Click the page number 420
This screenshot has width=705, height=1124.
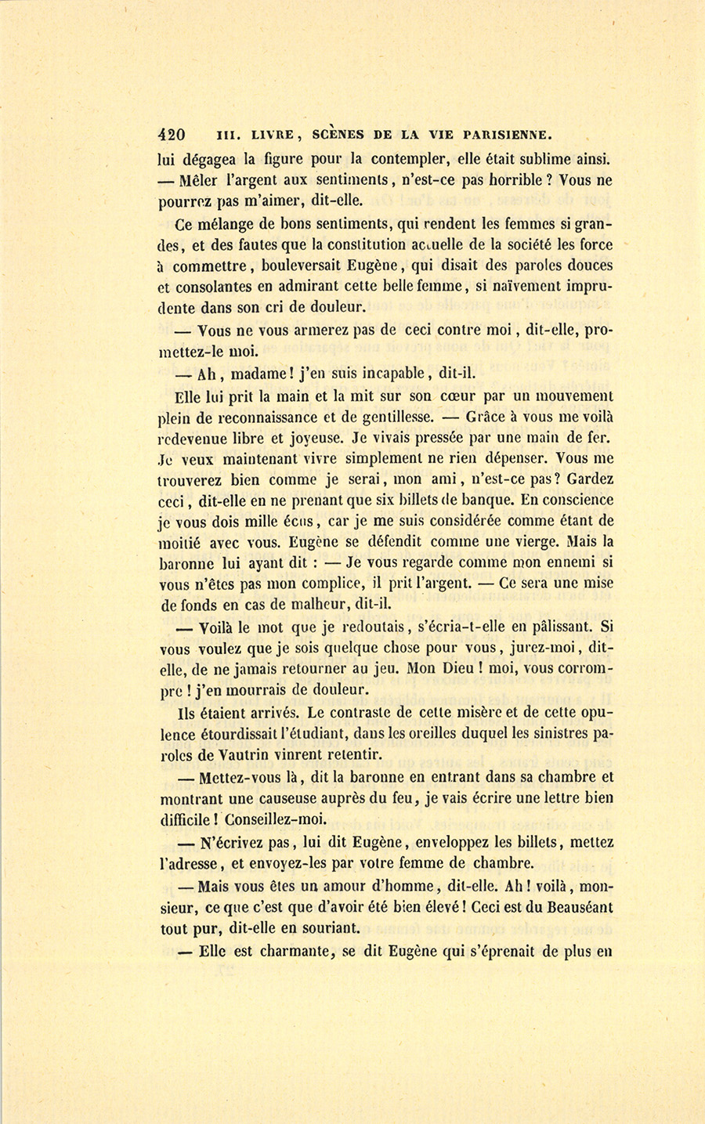[x=172, y=134]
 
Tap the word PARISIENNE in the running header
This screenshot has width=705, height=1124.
[x=512, y=134]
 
